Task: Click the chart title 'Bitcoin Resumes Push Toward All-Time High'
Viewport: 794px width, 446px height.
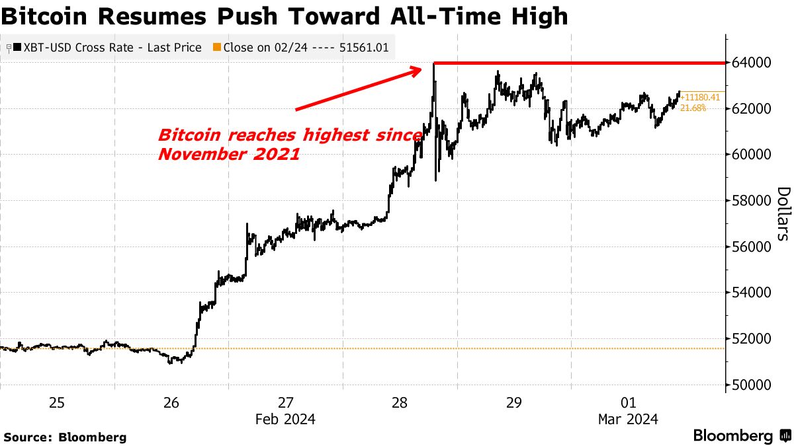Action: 285,16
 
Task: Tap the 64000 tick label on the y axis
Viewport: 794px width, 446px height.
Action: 753,63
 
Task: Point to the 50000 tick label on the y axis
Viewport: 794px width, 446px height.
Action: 753,385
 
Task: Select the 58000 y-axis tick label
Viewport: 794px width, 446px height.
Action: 753,201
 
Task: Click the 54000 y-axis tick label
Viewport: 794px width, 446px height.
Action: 753,293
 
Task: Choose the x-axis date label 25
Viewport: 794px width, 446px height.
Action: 57,402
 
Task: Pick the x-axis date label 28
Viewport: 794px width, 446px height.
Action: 400,402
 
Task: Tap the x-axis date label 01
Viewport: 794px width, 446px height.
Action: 629,402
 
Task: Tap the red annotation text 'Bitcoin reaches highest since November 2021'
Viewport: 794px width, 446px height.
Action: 290,145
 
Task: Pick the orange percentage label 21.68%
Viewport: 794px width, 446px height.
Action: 694,107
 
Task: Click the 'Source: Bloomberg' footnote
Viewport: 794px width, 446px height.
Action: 65,437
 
